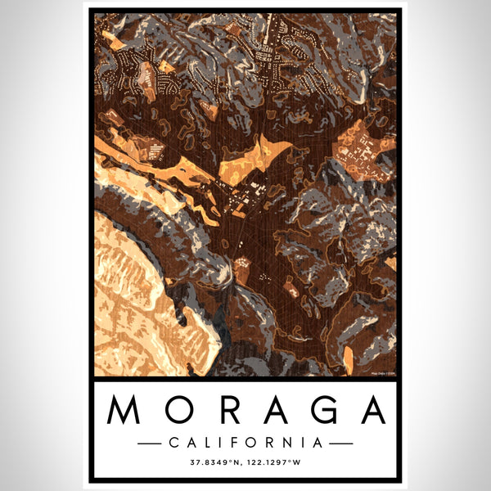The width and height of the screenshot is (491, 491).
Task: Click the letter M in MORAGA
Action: pyautogui.click(x=123, y=409)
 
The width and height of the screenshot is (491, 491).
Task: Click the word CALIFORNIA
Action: pyautogui.click(x=245, y=443)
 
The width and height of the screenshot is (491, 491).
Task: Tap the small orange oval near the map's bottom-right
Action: pyautogui.click(x=348, y=356)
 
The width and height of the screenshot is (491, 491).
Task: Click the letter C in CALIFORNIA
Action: pyautogui.click(x=173, y=443)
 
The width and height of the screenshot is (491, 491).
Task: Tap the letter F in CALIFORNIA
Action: pyautogui.click(x=236, y=443)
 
